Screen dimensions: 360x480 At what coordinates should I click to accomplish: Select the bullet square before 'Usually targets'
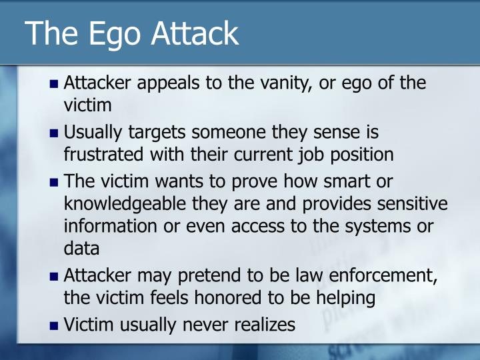tap(55, 133)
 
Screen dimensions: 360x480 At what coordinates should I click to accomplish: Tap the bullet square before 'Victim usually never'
tap(55, 326)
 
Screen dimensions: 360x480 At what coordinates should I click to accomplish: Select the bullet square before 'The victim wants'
tap(55, 181)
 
